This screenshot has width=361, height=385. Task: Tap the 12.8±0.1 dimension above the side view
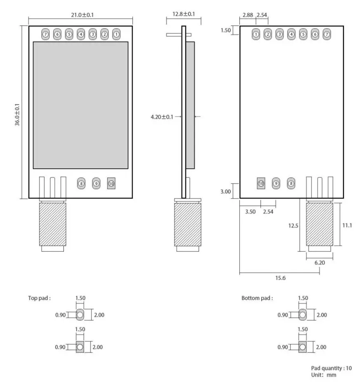pyautogui.click(x=180, y=14)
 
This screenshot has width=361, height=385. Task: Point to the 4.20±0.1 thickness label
pyautogui.click(x=162, y=117)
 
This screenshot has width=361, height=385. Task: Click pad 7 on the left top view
pyautogui.click(x=45, y=34)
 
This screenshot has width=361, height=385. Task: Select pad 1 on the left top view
pyautogui.click(x=117, y=34)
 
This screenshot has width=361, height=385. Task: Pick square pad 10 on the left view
pyautogui.click(x=111, y=183)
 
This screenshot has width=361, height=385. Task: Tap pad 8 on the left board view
pyautogui.click(x=81, y=183)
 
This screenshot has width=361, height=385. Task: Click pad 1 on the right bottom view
pyautogui.click(x=256, y=34)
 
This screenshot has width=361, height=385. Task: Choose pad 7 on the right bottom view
pyautogui.click(x=327, y=34)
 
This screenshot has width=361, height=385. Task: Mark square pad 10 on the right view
pyautogui.click(x=261, y=183)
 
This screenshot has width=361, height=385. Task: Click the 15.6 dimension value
pyautogui.click(x=280, y=278)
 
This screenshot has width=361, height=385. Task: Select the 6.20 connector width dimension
pyautogui.click(x=319, y=262)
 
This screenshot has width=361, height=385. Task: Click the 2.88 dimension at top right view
pyautogui.click(x=247, y=15)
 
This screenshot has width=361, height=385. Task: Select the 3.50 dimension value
pyautogui.click(x=250, y=212)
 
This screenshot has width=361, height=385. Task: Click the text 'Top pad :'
pyautogui.click(x=40, y=299)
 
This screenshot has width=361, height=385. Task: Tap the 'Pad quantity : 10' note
pyautogui.click(x=331, y=368)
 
